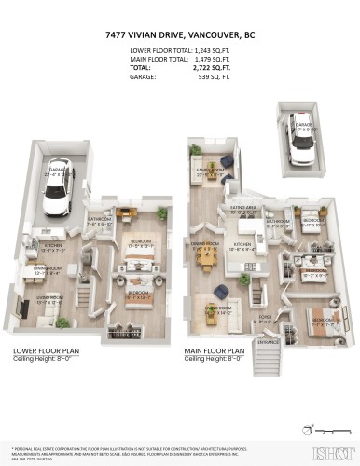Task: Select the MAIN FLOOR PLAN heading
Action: click(219, 377)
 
